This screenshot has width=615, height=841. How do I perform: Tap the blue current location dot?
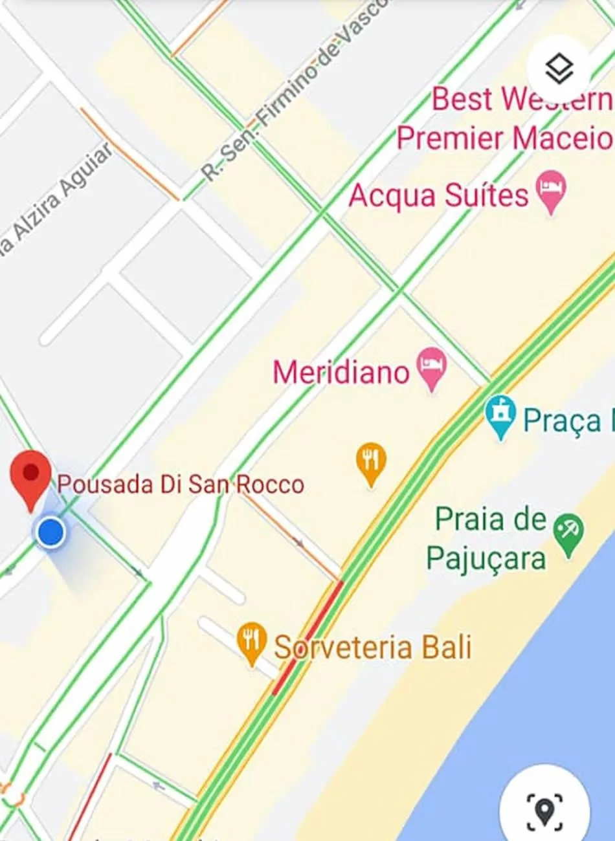[x=50, y=532]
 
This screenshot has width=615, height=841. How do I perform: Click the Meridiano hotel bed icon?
[x=432, y=367]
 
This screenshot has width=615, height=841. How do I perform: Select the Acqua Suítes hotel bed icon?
[x=552, y=190]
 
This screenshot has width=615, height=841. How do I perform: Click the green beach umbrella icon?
[x=570, y=535]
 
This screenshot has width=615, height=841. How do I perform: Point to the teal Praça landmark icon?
[x=500, y=416]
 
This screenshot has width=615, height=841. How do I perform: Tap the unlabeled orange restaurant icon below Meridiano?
[x=371, y=463]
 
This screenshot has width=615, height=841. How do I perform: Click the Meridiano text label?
[x=341, y=373]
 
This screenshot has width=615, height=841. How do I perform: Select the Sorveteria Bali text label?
[x=373, y=647]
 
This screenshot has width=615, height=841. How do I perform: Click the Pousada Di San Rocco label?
[x=181, y=485]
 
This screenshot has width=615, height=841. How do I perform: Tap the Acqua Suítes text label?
[x=438, y=195]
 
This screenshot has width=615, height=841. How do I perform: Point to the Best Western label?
[x=521, y=99]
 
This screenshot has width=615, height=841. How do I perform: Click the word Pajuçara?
[x=486, y=558]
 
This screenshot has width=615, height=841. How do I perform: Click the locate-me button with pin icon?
[x=544, y=809]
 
